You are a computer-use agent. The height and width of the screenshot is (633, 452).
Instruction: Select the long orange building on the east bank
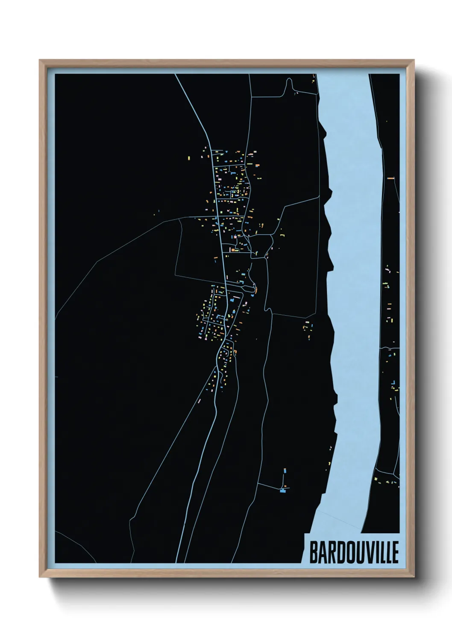tap(390, 177)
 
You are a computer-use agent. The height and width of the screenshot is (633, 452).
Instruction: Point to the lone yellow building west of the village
tap(188, 159)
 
